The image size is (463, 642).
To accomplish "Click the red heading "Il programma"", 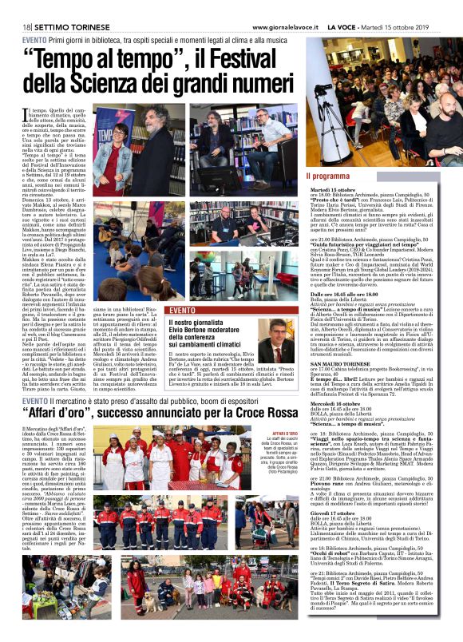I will tap(329, 175).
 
